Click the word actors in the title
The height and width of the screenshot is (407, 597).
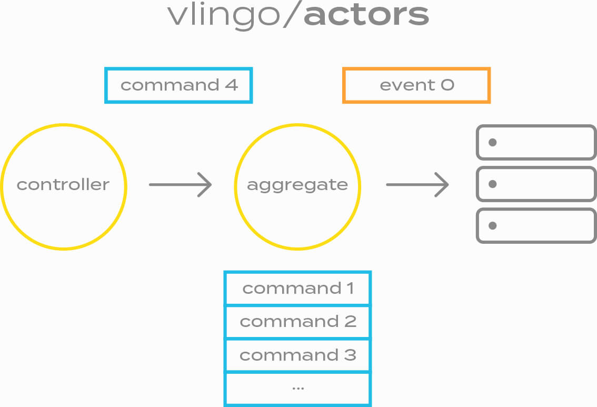(366, 16)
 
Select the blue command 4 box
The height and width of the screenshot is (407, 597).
(179, 85)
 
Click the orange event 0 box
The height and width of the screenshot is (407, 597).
(416, 85)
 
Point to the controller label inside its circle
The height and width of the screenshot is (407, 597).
(63, 185)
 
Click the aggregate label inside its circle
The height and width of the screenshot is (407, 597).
(297, 185)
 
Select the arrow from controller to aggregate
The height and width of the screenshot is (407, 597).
(181, 185)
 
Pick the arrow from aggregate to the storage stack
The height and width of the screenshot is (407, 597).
(417, 185)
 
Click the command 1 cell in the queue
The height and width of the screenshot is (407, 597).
(298, 289)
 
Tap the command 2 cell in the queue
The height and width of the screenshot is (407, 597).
(298, 322)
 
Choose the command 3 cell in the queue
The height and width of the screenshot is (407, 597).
(298, 355)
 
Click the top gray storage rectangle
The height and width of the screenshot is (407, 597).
(536, 142)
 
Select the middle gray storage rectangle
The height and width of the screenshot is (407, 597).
(536, 184)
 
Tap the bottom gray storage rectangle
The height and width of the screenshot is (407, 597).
(536, 226)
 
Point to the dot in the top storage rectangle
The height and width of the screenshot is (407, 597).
(493, 142)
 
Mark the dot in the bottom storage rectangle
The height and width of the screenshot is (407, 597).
(493, 226)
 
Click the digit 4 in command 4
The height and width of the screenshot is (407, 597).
(232, 85)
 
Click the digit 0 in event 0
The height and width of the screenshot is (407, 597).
(447, 85)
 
